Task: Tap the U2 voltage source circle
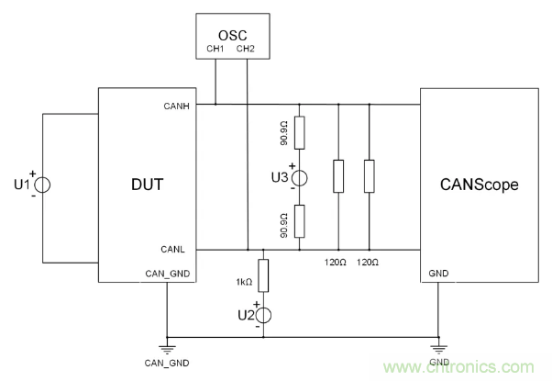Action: pos(263,316)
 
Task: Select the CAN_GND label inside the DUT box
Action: pos(166,274)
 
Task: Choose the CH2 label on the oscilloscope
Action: pos(246,50)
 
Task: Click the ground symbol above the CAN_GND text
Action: pos(168,347)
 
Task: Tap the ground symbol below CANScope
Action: pos(436,347)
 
